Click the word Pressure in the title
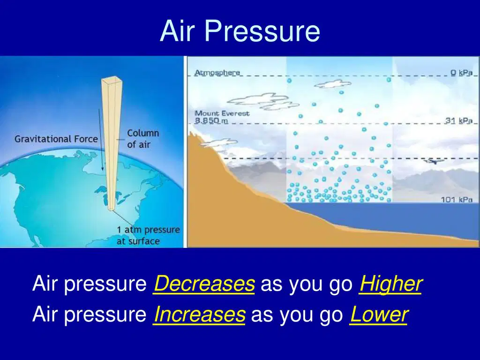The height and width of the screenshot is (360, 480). [262, 30]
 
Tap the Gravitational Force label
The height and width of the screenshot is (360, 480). [56, 139]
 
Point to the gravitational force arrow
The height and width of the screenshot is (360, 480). [101, 140]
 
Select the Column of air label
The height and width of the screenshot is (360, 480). [143, 139]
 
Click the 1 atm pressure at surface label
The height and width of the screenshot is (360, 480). [148, 235]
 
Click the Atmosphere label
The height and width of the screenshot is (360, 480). [217, 73]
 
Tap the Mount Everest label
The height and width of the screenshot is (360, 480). [222, 113]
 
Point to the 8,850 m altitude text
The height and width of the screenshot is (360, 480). [211, 120]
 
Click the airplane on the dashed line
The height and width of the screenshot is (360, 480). [434, 160]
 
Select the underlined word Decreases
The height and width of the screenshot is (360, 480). [204, 284]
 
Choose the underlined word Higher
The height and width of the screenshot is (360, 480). [391, 284]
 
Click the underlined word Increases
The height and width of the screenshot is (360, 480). [199, 314]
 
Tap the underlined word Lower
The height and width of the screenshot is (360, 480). [379, 314]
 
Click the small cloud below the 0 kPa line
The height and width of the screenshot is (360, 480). [332, 83]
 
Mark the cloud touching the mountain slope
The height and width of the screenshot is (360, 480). [218, 142]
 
